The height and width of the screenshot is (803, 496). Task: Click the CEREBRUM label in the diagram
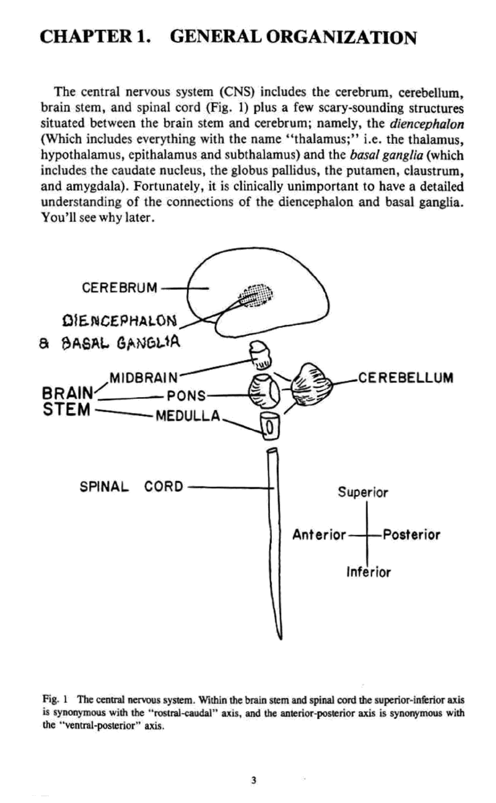[120, 287]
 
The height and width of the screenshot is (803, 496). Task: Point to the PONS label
[186, 396]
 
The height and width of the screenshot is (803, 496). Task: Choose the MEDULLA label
[188, 416]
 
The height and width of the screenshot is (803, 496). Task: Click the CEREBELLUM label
[406, 378]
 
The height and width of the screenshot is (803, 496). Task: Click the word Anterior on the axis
[319, 535]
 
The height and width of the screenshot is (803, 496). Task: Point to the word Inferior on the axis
[368, 573]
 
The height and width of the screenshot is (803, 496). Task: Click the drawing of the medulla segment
[270, 426]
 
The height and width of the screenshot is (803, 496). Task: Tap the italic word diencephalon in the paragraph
[426, 124]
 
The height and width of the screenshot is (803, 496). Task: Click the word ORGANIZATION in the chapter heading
[341, 37]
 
